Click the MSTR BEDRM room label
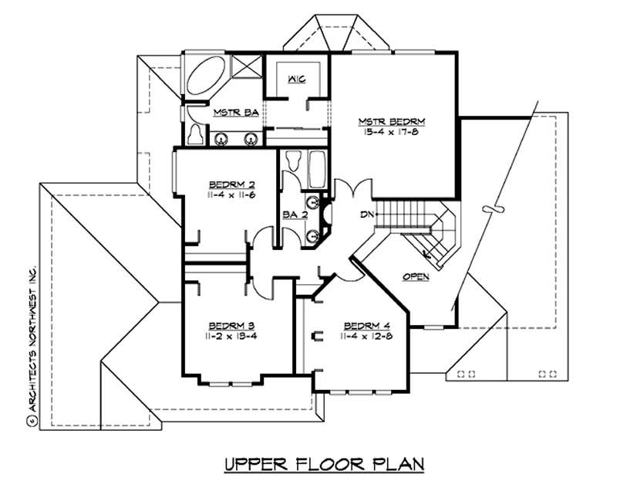[x=393, y=122]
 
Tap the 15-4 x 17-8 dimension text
[x=393, y=133]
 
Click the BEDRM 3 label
[x=232, y=326]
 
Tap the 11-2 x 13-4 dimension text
[x=232, y=337]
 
